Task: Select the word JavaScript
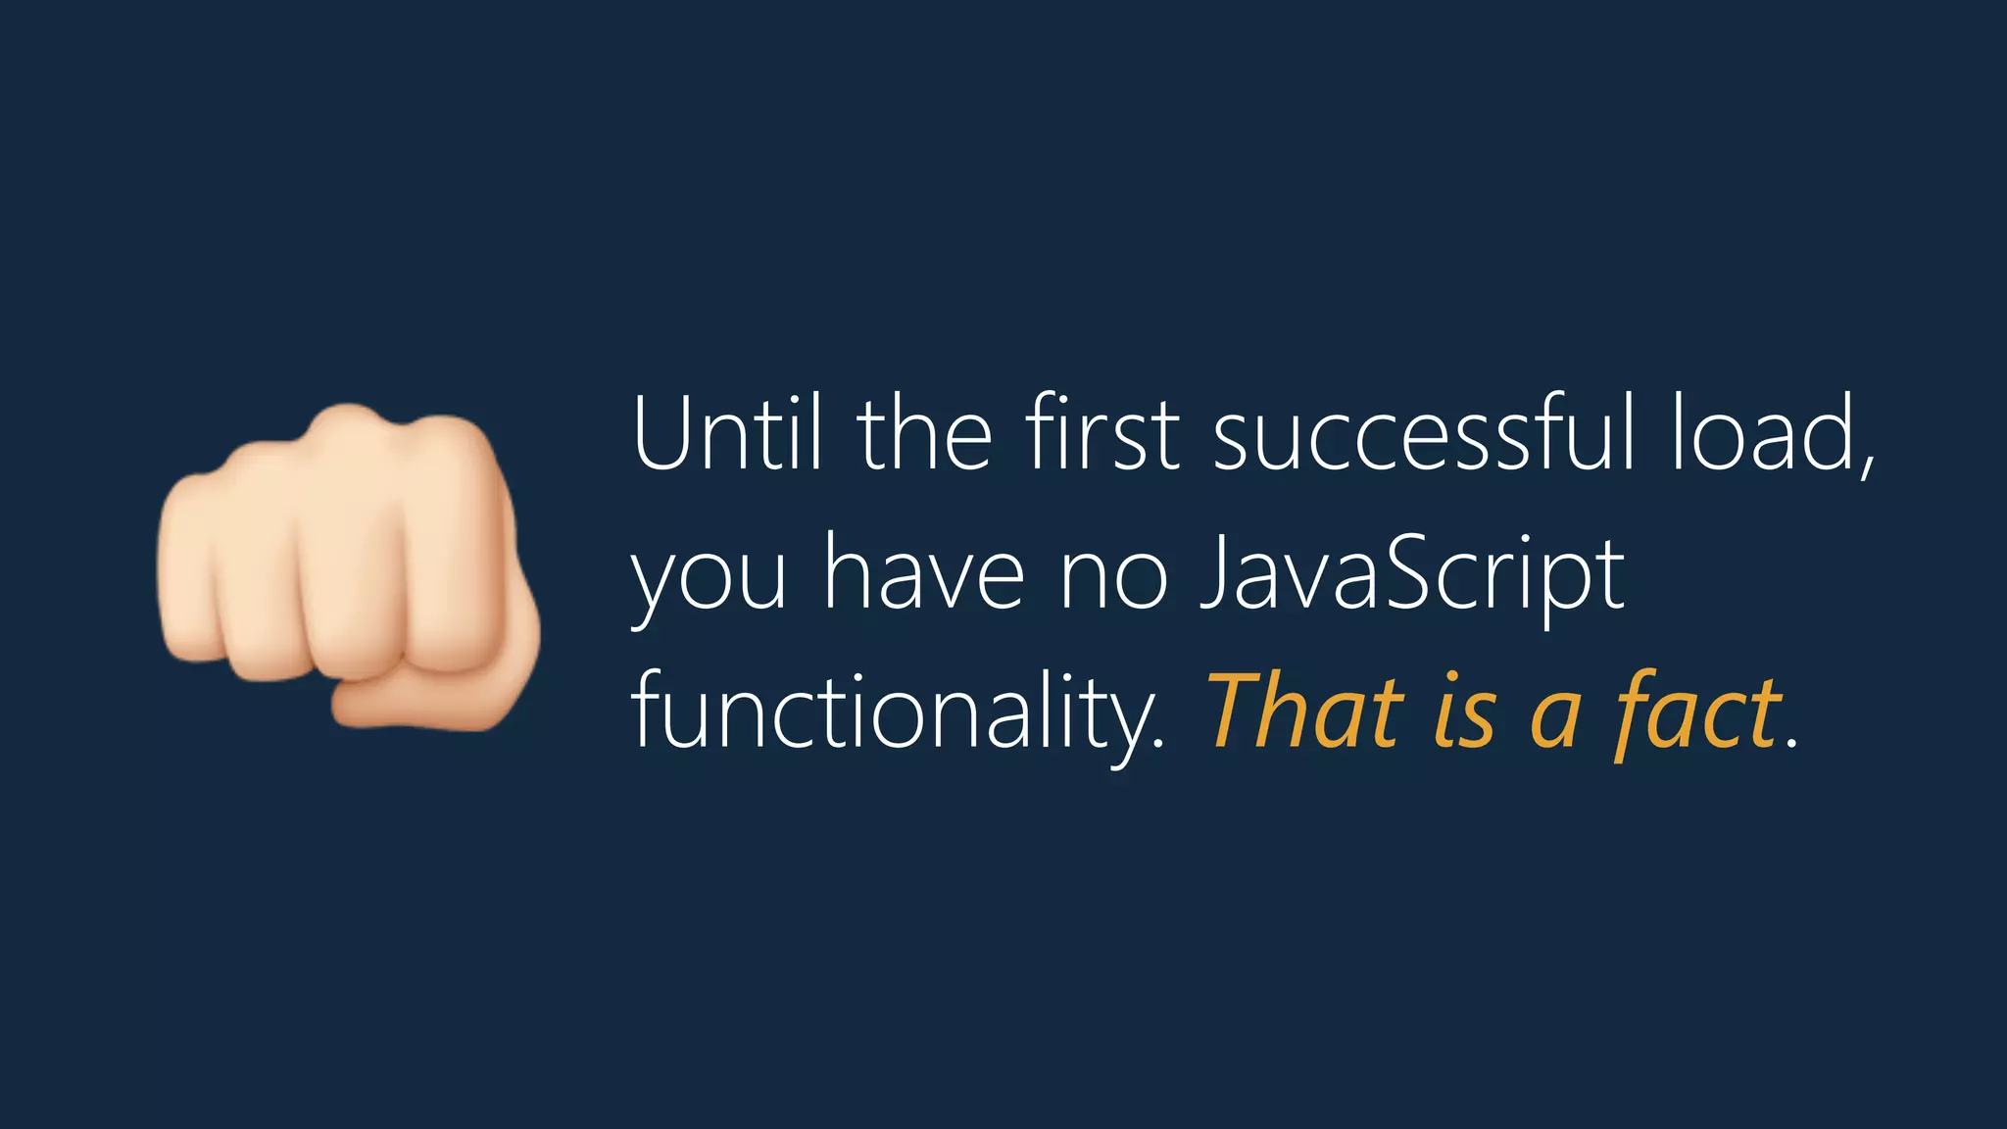tap(1412, 574)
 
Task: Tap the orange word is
tap(1464, 713)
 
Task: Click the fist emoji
tap(348, 568)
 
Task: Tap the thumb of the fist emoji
tap(431, 701)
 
